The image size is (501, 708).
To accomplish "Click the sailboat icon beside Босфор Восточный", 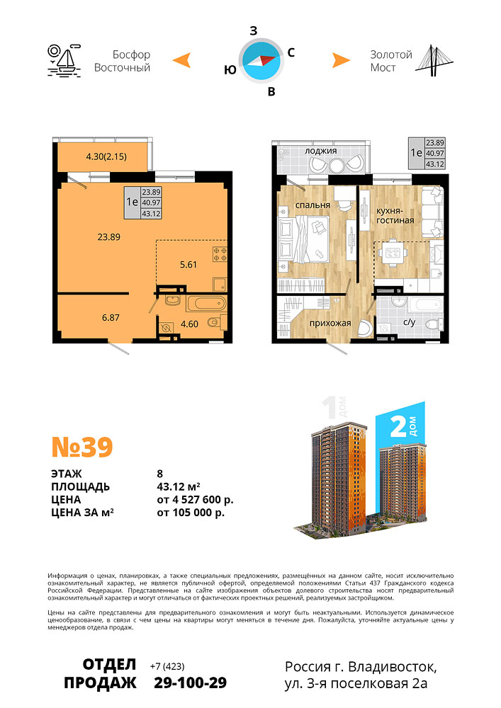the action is click(x=64, y=60).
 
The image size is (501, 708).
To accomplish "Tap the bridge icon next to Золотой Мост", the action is click(x=434, y=60).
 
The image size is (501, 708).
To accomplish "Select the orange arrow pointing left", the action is click(x=182, y=60).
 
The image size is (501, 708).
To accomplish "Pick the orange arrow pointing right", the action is click(x=341, y=60).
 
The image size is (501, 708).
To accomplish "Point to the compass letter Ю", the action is click(x=230, y=70).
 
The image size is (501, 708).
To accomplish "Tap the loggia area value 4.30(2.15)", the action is click(x=106, y=156).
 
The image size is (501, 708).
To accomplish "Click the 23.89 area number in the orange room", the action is click(x=109, y=236).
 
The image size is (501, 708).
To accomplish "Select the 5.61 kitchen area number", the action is click(x=188, y=265).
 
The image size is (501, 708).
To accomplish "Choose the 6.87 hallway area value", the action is click(x=111, y=317).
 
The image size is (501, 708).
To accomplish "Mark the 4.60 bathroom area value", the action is click(x=189, y=324).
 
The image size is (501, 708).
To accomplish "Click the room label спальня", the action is click(x=313, y=205).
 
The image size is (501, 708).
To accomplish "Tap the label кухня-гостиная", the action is click(x=395, y=215).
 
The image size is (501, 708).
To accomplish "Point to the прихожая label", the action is click(x=330, y=324).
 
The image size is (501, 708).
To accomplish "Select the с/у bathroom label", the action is click(x=410, y=322).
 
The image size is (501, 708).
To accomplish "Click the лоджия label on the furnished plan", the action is click(x=321, y=151).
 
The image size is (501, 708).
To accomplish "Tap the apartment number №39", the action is click(x=82, y=447).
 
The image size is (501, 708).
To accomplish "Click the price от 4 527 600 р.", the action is click(x=195, y=500).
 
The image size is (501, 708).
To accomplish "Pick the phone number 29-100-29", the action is click(x=190, y=683).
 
